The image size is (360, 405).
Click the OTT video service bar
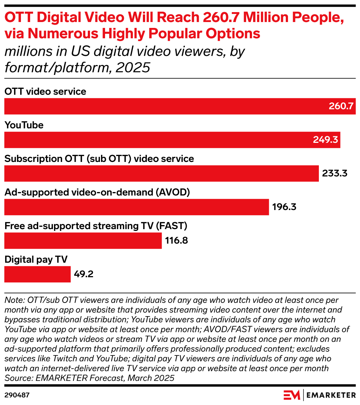(x=165, y=106)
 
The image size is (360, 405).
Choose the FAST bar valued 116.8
(x=83, y=241)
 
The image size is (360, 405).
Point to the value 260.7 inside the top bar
(x=341, y=106)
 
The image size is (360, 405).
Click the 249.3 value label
(x=325, y=140)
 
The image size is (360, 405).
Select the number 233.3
(x=335, y=174)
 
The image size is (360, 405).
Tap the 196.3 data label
(x=284, y=207)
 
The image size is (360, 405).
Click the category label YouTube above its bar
(x=24, y=125)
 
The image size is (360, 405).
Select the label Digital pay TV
(x=36, y=260)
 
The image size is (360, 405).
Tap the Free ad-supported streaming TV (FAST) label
(x=96, y=226)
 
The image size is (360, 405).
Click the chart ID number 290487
(x=17, y=395)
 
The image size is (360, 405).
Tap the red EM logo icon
(x=292, y=395)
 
